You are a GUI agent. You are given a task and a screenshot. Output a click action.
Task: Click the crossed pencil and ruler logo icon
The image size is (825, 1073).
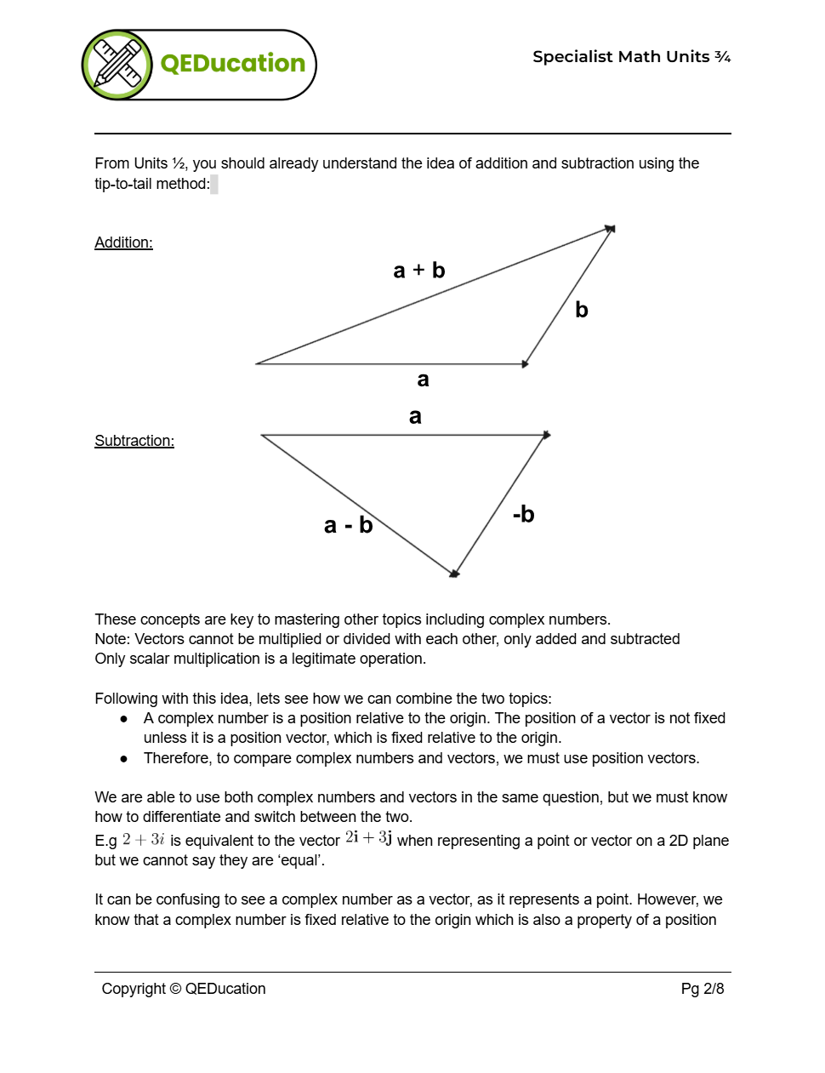(x=117, y=65)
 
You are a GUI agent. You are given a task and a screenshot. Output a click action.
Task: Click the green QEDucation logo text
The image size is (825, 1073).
(x=232, y=64)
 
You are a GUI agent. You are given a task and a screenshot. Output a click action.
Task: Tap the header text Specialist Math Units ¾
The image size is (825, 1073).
(x=631, y=57)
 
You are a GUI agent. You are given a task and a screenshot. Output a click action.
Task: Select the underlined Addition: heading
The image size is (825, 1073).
(x=123, y=243)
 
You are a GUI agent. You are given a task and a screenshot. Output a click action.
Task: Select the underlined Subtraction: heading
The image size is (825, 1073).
(x=134, y=441)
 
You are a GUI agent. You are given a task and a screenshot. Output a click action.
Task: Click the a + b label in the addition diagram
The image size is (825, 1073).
(x=418, y=271)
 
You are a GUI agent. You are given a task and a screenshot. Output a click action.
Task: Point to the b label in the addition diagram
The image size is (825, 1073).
(x=582, y=310)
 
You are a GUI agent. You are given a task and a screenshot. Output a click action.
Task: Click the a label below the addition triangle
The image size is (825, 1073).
(x=423, y=380)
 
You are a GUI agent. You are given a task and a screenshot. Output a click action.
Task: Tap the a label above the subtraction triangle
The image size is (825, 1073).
(x=415, y=416)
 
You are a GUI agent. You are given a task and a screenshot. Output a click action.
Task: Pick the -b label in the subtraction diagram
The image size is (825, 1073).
(x=523, y=514)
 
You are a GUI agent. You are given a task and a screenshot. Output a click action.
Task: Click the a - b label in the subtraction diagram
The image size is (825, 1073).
(x=348, y=525)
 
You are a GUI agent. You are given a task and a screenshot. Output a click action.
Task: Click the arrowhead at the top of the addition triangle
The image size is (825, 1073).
(x=610, y=229)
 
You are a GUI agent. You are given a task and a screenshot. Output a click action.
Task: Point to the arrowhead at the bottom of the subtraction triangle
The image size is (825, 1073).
(x=454, y=574)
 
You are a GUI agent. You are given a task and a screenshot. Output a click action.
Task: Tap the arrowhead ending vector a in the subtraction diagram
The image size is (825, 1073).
(x=546, y=435)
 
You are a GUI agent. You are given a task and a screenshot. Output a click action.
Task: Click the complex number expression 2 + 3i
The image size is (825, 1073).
(x=143, y=840)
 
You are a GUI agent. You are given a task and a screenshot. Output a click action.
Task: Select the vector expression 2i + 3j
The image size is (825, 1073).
(x=368, y=838)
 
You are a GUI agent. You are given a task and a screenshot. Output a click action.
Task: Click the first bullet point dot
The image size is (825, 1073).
(x=124, y=719)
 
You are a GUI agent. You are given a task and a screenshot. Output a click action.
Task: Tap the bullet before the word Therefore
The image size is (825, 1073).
(x=124, y=758)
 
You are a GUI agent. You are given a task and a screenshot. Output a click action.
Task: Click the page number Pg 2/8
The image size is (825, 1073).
(x=702, y=989)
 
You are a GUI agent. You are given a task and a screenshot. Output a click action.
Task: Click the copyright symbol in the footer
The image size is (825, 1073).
(x=175, y=989)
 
